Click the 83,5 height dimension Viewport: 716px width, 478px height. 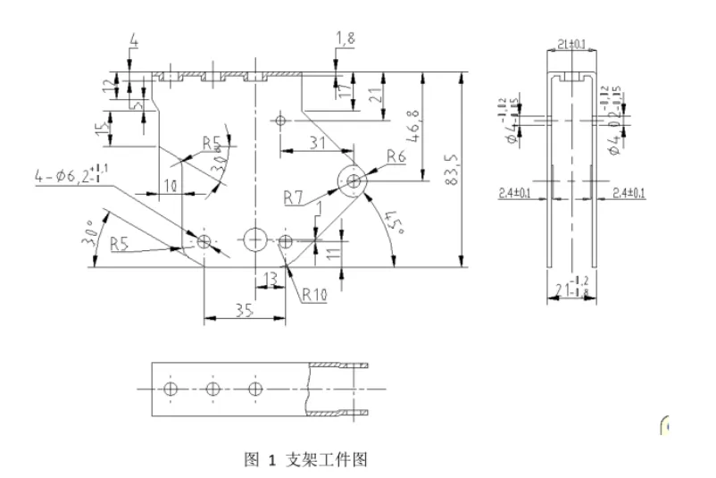tap(452, 170)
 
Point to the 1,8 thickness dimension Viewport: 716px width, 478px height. tap(346, 37)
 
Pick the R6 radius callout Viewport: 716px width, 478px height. tap(397, 157)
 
